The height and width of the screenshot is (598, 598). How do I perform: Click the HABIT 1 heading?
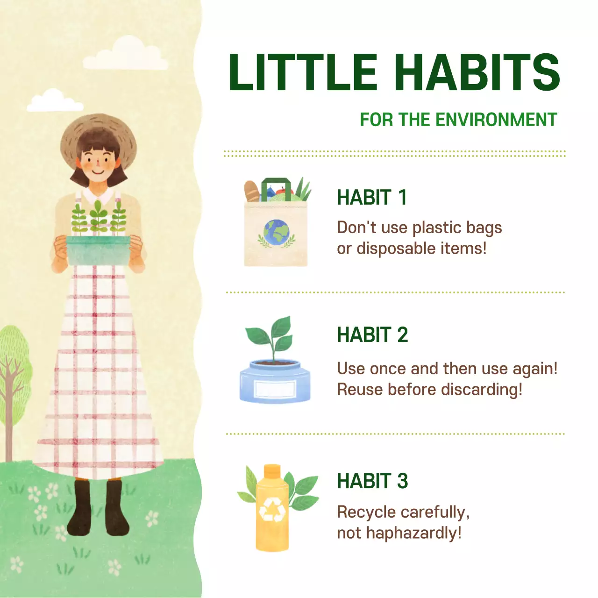click(372, 198)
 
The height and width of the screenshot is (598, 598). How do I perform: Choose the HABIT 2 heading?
click(372, 335)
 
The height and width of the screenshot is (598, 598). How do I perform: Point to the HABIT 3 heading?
click(372, 481)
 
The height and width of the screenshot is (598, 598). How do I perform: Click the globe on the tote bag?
click(276, 232)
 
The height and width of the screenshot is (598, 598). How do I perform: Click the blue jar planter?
click(275, 381)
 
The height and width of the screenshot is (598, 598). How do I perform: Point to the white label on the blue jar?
click(275, 389)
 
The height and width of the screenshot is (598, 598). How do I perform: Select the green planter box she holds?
click(98, 250)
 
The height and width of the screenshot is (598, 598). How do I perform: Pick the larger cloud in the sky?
click(126, 55)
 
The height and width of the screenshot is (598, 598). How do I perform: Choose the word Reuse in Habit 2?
click(360, 389)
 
